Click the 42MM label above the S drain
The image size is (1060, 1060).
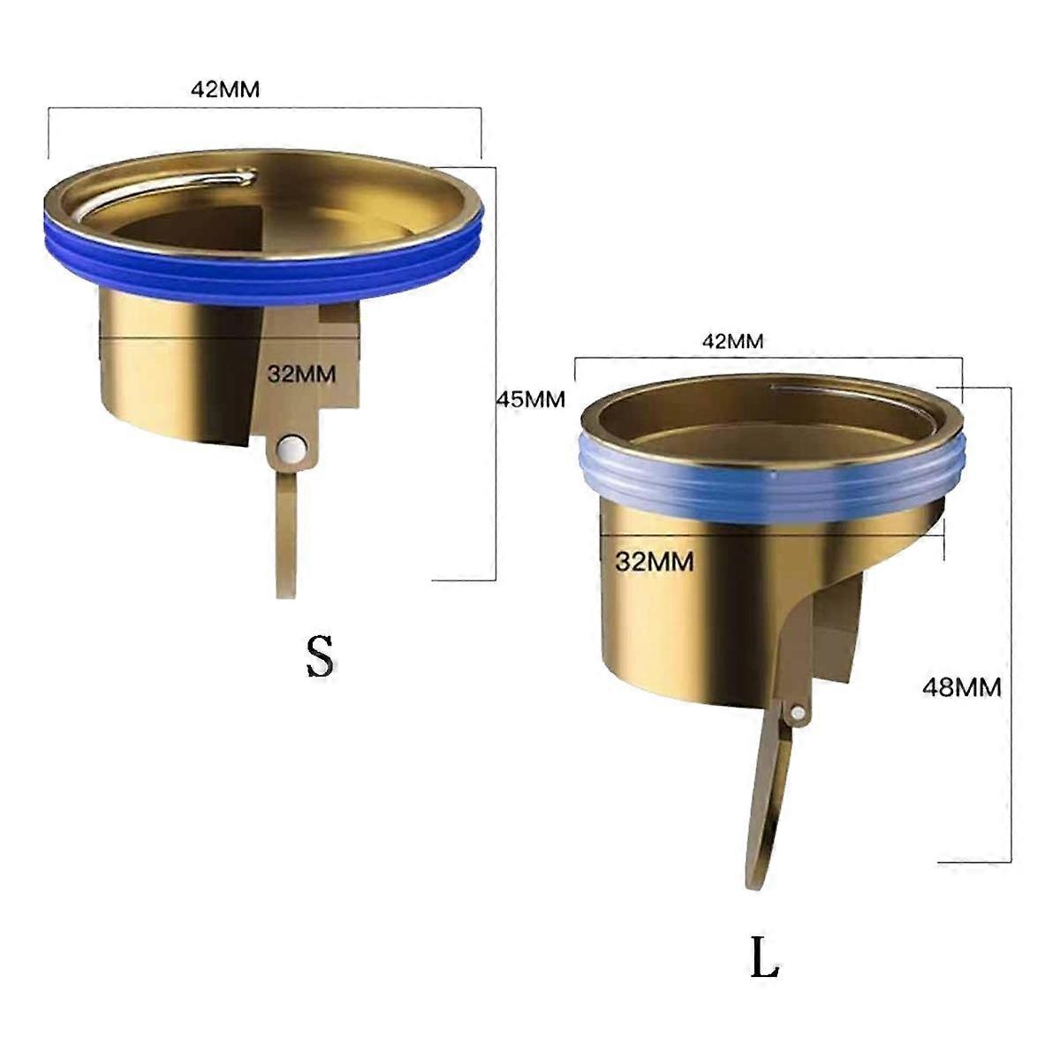[x=225, y=89]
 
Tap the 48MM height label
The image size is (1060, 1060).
[x=961, y=686]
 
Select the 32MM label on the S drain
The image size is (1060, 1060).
[x=301, y=373]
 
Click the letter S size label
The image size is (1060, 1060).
[x=320, y=655]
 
